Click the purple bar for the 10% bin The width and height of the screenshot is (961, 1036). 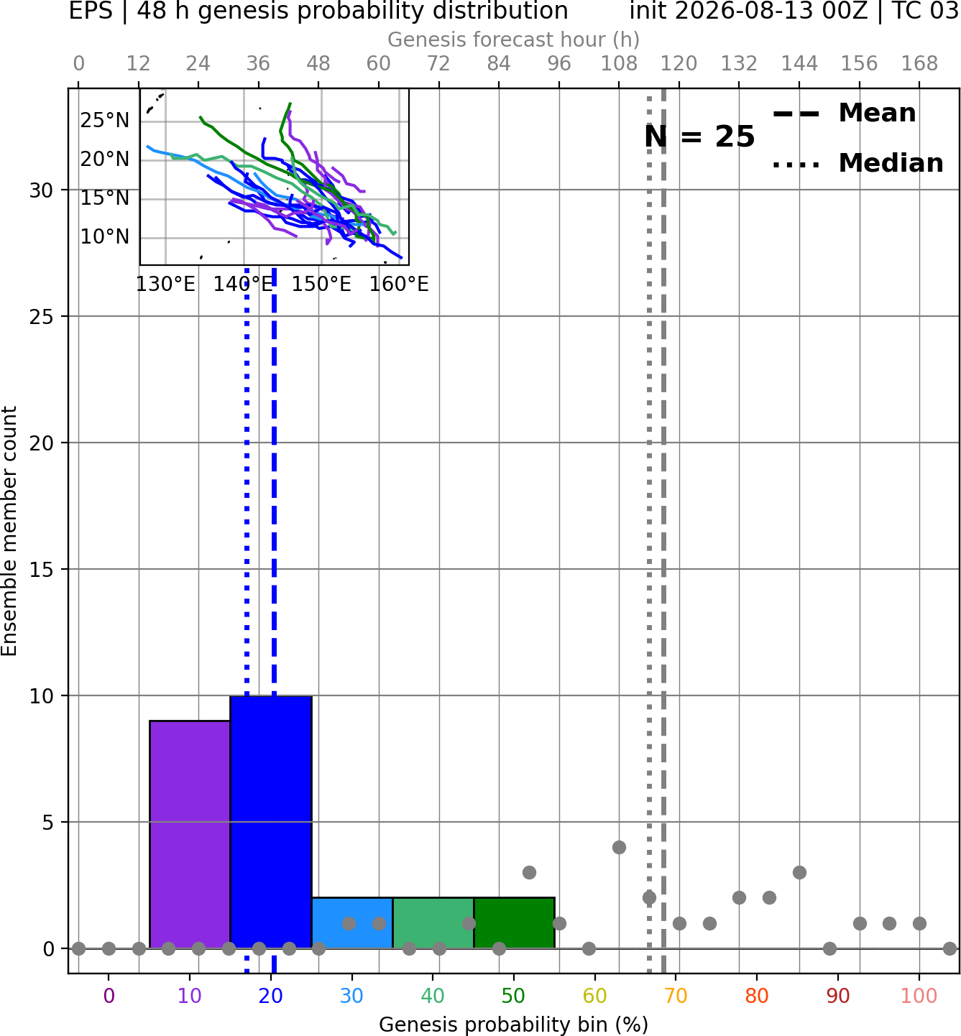[x=190, y=835]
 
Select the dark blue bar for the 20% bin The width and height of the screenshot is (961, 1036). [x=272, y=822]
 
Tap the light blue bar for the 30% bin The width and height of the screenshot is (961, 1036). [x=352, y=923]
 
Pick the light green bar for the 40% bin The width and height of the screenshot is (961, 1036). [x=433, y=923]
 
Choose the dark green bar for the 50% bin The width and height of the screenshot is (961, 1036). [x=514, y=923]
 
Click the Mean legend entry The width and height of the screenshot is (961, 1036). [x=844, y=114]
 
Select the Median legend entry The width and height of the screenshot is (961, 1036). [x=858, y=163]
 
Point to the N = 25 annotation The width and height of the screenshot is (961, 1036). [x=699, y=137]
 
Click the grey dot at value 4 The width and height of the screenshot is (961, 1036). [x=619, y=848]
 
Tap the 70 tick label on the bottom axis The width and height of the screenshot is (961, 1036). [x=676, y=996]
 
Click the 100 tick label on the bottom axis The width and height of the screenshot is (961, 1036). [x=919, y=996]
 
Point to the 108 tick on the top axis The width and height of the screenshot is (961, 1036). [x=619, y=64]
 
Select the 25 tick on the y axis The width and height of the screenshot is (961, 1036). [x=42, y=317]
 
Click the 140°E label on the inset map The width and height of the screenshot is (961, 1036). [x=243, y=285]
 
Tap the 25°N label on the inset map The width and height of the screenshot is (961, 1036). [x=104, y=121]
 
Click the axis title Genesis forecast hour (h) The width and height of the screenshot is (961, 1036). [x=514, y=40]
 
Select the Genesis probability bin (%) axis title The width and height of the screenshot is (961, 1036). [x=514, y=1025]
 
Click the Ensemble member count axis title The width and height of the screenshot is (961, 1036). [x=9, y=531]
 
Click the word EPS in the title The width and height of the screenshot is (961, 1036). [x=91, y=11]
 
